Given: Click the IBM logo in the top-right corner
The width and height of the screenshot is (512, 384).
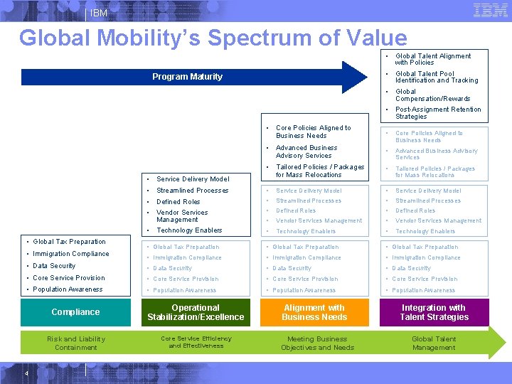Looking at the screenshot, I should [x=490, y=11].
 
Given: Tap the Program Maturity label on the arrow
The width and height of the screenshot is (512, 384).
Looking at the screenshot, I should [x=187, y=77].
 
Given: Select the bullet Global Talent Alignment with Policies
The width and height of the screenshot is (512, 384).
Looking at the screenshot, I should [x=433, y=59].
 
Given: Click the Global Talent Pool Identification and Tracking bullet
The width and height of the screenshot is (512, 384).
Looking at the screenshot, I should [x=436, y=77].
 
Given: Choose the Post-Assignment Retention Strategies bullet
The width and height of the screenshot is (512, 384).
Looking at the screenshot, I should [x=437, y=113].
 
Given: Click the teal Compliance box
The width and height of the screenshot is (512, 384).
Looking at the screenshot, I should [x=75, y=312].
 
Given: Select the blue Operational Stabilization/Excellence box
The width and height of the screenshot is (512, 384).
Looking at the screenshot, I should [x=196, y=312].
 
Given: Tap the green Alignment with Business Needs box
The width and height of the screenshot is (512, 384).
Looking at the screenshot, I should [x=314, y=312].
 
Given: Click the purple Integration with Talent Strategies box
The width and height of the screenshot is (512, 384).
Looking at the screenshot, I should [x=434, y=312].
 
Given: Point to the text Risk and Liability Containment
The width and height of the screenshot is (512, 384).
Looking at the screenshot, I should [x=75, y=343].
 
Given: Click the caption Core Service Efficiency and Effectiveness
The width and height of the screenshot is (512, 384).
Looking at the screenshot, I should [x=196, y=342].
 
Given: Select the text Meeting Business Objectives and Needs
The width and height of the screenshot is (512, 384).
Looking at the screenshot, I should [x=317, y=343].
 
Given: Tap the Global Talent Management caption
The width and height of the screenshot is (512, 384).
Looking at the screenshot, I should [x=434, y=343].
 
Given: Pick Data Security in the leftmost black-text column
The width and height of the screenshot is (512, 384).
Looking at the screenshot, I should [x=54, y=266].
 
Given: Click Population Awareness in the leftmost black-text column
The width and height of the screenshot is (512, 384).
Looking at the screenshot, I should [x=68, y=289].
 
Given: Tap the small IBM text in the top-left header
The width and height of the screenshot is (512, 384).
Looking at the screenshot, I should [x=99, y=13].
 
